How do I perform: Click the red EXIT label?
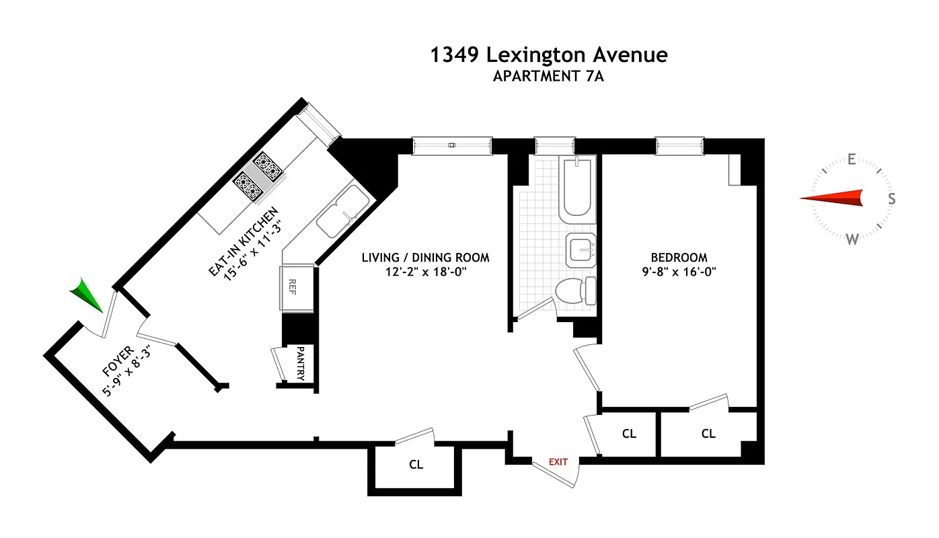[x=558, y=462]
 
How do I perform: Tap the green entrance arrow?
[x=87, y=295]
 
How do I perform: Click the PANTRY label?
[x=301, y=364]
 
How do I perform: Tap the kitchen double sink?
[x=342, y=210]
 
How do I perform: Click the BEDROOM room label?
[x=679, y=258]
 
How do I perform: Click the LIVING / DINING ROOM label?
[x=425, y=258]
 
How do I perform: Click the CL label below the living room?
[x=416, y=465]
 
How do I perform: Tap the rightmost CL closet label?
[x=708, y=434]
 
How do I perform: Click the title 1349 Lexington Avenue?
[x=549, y=54]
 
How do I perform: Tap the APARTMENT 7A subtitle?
[x=549, y=76]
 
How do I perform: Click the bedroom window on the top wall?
[x=680, y=146]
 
